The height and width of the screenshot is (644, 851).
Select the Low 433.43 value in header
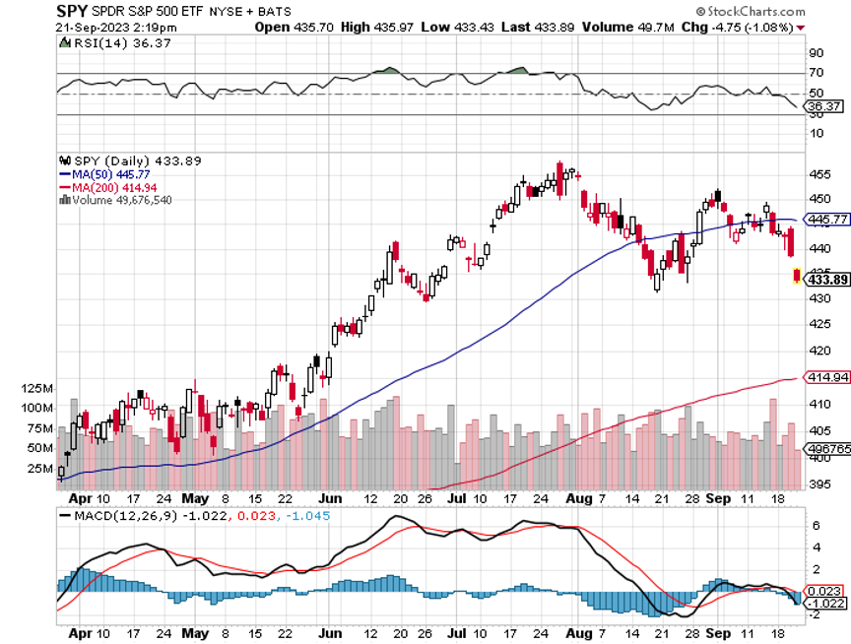click(450, 27)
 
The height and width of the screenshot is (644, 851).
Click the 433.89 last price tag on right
click(827, 280)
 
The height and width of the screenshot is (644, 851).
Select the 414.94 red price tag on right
click(827, 377)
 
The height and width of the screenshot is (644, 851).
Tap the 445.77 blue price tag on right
click(827, 220)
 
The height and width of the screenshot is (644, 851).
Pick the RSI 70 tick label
click(815, 73)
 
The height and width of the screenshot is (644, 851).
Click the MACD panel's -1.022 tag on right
click(826, 604)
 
